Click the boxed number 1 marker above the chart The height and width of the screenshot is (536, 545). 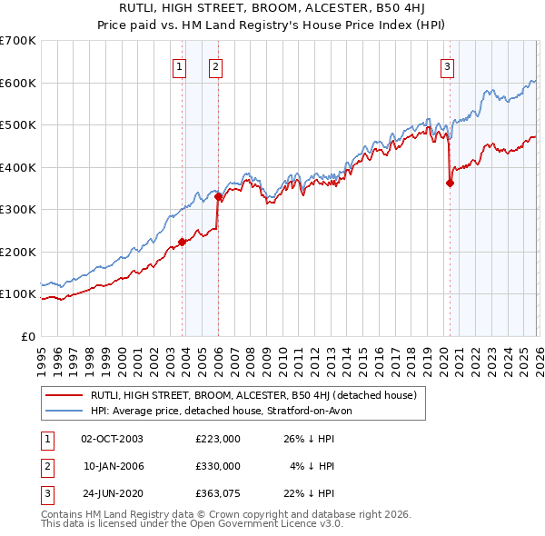(x=179, y=65)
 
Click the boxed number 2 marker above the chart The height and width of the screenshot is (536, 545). (x=215, y=65)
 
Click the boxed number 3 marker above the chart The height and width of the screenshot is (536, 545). (x=448, y=65)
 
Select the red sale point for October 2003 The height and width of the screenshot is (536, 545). (x=182, y=242)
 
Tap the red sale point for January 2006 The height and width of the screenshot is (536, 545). (x=218, y=196)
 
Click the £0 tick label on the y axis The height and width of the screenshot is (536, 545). (x=30, y=336)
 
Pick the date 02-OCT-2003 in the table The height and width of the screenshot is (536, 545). (x=112, y=439)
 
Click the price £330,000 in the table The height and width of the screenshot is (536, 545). (x=218, y=466)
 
